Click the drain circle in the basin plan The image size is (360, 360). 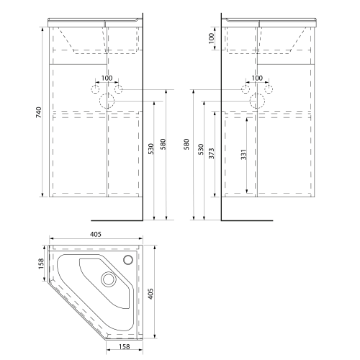point(109,279)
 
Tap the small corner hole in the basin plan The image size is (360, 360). point(130,259)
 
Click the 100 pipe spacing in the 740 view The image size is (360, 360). point(107,78)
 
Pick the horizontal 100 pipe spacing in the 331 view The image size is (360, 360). point(257,78)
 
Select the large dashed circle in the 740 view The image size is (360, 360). point(107,101)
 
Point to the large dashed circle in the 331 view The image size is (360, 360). point(258,101)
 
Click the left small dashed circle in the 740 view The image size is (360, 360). point(96,89)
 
